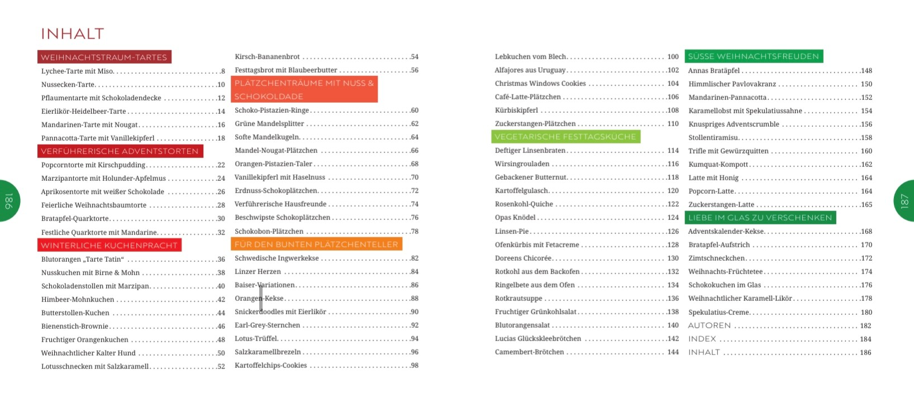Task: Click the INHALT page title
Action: coord(73,34)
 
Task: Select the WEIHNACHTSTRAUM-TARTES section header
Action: coord(104,57)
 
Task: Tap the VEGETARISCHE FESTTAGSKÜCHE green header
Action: coord(565,137)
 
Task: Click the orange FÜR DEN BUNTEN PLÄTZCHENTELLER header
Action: coord(316,244)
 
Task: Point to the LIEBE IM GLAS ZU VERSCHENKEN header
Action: coord(760,218)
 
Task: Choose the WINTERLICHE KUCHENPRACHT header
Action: coord(110,246)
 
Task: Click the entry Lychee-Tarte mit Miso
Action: coord(77,71)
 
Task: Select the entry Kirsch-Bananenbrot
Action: coord(267,57)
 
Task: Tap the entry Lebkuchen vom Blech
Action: coord(530,57)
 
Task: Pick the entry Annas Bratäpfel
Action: coord(713,71)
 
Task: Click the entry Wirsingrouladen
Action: coord(522,164)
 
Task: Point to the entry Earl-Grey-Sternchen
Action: coord(267,325)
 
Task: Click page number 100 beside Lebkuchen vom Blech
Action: coord(673,57)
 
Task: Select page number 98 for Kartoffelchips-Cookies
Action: coord(414,366)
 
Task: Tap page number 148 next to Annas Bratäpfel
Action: coord(866,71)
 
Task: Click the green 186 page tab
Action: coord(9,201)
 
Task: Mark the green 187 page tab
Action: coord(905,201)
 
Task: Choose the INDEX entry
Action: coord(702,339)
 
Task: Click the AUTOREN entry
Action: coord(709,325)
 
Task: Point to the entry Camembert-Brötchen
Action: coord(529,352)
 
